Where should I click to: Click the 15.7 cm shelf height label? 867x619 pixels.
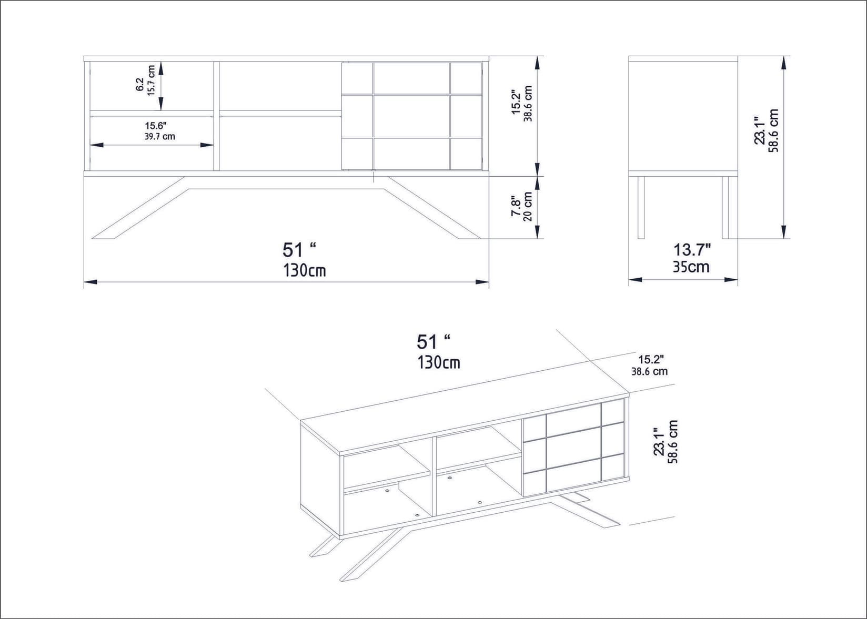click(x=150, y=80)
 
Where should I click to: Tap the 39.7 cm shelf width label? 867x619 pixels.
click(x=159, y=136)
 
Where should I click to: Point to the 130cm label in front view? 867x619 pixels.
click(x=305, y=270)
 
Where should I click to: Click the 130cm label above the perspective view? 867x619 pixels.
click(x=439, y=362)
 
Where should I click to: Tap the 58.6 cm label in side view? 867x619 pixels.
click(x=773, y=130)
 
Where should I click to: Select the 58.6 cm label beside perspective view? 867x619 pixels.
click(x=672, y=442)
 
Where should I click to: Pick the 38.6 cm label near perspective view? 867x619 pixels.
click(x=650, y=371)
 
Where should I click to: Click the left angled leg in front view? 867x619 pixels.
click(x=139, y=210)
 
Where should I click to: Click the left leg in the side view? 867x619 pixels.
click(x=641, y=207)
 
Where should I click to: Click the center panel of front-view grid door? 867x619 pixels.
click(x=411, y=116)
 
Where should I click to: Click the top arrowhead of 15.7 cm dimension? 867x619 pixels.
click(x=161, y=67)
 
